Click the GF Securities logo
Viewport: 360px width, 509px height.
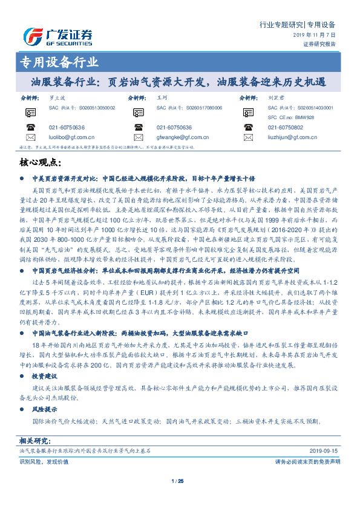(x=57, y=36)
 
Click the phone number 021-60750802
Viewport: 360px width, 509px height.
(x=286, y=127)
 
